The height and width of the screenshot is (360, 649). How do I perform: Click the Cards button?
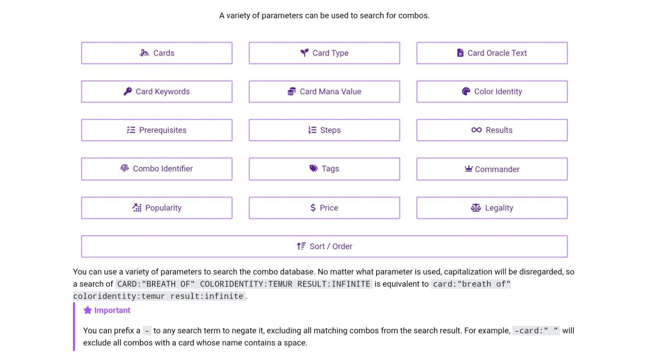(x=157, y=53)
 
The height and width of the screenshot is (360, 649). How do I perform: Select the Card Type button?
(x=324, y=53)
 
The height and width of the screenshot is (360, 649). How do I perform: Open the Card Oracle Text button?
(x=492, y=53)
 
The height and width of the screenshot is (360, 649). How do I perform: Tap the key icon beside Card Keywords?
(x=128, y=92)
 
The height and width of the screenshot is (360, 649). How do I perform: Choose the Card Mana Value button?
(x=324, y=92)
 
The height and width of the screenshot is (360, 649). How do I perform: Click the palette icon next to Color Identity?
(x=466, y=92)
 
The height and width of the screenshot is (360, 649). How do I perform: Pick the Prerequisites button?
(x=157, y=130)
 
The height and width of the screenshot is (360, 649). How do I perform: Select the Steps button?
(x=324, y=130)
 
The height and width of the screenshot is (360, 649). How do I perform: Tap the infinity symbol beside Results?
(x=477, y=130)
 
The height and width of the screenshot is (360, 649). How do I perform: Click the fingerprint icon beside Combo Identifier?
(x=125, y=169)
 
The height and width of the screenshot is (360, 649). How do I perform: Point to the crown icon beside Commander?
(x=469, y=169)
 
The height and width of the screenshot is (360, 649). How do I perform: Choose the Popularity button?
(x=157, y=208)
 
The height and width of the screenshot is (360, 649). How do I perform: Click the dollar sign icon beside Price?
(x=313, y=208)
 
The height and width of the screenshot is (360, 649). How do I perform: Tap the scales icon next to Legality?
(x=476, y=208)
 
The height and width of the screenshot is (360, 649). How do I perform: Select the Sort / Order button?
(x=324, y=246)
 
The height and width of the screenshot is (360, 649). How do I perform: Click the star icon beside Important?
(x=88, y=311)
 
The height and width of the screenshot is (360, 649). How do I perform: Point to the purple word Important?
(x=112, y=311)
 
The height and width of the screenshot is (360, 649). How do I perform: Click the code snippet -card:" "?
(x=536, y=331)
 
